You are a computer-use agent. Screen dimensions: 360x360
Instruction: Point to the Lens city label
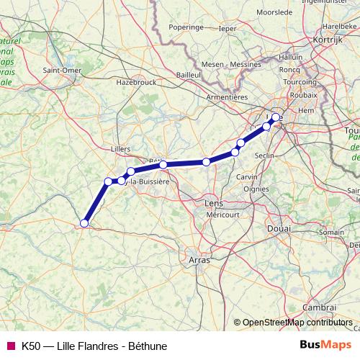(x=215, y=204)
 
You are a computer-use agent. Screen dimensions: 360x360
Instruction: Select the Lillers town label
(x=121, y=149)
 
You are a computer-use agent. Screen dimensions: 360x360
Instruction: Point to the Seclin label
(x=265, y=156)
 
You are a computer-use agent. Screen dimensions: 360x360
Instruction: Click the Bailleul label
(x=188, y=74)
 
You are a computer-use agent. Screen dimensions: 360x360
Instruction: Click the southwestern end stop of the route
(x=84, y=223)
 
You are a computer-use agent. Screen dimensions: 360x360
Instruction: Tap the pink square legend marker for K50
(x=11, y=346)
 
